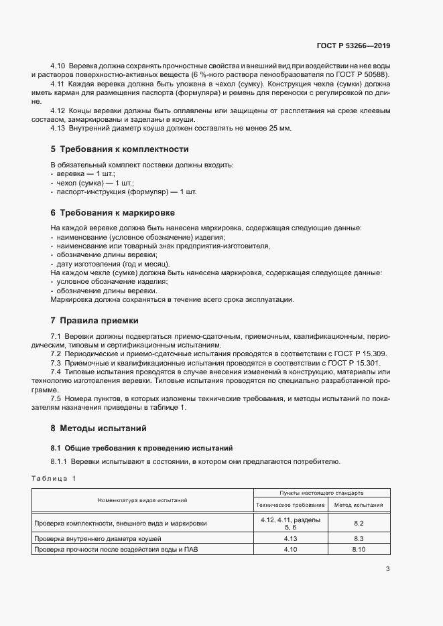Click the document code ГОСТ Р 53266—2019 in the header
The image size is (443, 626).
click(353, 46)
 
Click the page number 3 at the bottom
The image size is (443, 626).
click(387, 569)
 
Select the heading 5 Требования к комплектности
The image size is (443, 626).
click(119, 149)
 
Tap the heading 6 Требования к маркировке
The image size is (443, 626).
click(113, 212)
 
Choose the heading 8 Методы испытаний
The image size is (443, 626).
click(98, 427)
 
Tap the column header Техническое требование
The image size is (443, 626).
click(290, 505)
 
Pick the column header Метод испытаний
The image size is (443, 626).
click(358, 505)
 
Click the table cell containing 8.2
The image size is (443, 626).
click(358, 524)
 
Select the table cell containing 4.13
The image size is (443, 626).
click(290, 538)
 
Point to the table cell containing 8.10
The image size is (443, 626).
click(358, 550)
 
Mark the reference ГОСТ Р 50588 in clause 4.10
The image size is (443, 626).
click(366, 74)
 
